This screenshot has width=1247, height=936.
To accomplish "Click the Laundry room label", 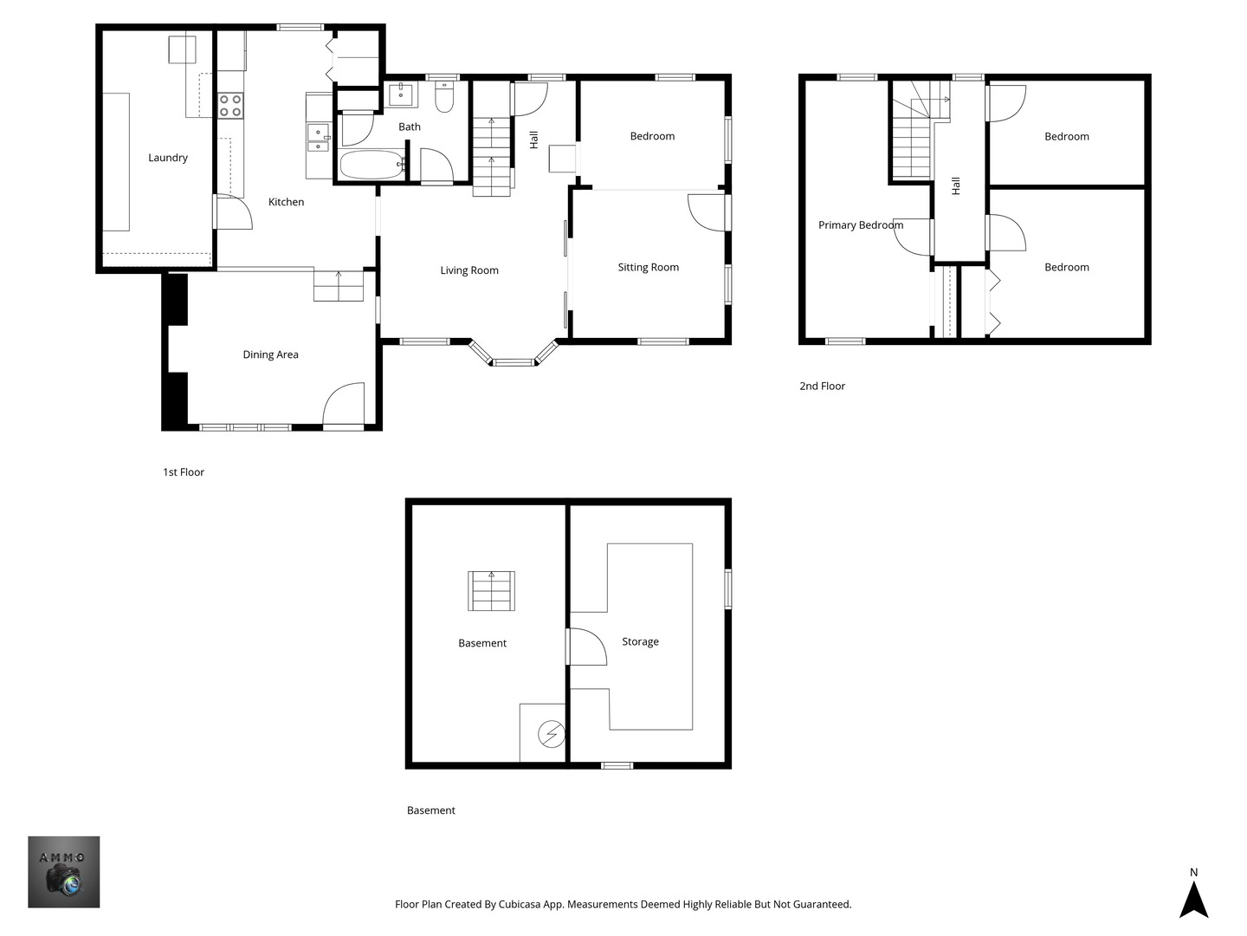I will [168, 158].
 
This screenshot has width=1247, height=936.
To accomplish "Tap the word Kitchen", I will [286, 202].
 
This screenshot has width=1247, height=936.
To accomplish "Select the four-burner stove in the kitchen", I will [230, 106].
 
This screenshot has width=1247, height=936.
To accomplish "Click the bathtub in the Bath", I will [372, 165].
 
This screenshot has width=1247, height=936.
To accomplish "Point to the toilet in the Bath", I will [444, 97].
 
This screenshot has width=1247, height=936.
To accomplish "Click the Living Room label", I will [469, 270].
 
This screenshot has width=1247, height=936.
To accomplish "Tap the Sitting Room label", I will [648, 267].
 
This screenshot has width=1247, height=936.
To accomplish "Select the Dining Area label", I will [270, 354].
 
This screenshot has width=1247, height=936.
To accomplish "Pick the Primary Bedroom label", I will [860, 225].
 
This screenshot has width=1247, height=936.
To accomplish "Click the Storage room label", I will [640, 641].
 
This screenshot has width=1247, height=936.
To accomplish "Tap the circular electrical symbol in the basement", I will [552, 735].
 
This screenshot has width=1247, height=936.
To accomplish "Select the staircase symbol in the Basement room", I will [492, 591].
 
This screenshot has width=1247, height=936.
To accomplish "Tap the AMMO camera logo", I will [63, 872].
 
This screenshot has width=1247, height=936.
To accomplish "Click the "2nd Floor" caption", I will [822, 387].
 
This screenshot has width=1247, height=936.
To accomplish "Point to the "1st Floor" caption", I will [184, 472].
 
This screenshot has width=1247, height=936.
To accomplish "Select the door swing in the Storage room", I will [587, 647].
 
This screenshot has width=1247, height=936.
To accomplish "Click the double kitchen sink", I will [318, 140].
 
